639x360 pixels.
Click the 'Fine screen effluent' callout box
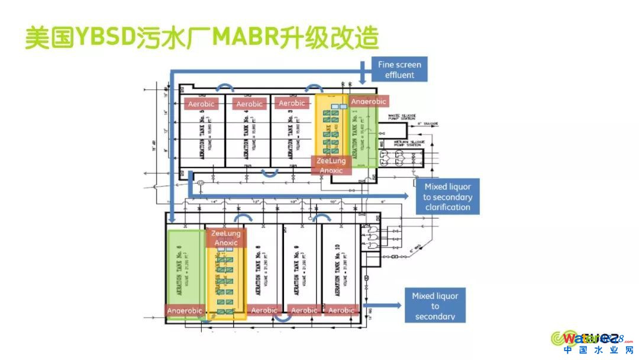(399, 69)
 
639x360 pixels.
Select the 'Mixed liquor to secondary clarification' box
(447, 197)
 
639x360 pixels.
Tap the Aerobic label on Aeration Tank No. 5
(201, 104)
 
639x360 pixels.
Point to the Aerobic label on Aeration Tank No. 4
(249, 104)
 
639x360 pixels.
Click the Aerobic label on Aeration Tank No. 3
(291, 103)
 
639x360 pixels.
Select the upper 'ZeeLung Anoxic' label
(332, 165)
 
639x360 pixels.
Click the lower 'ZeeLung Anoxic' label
(226, 238)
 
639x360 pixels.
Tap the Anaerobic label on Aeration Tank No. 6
(184, 310)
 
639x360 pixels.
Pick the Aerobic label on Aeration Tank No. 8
(264, 310)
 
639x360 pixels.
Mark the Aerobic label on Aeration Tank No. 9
(304, 310)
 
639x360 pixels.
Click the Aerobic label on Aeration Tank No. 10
(341, 310)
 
